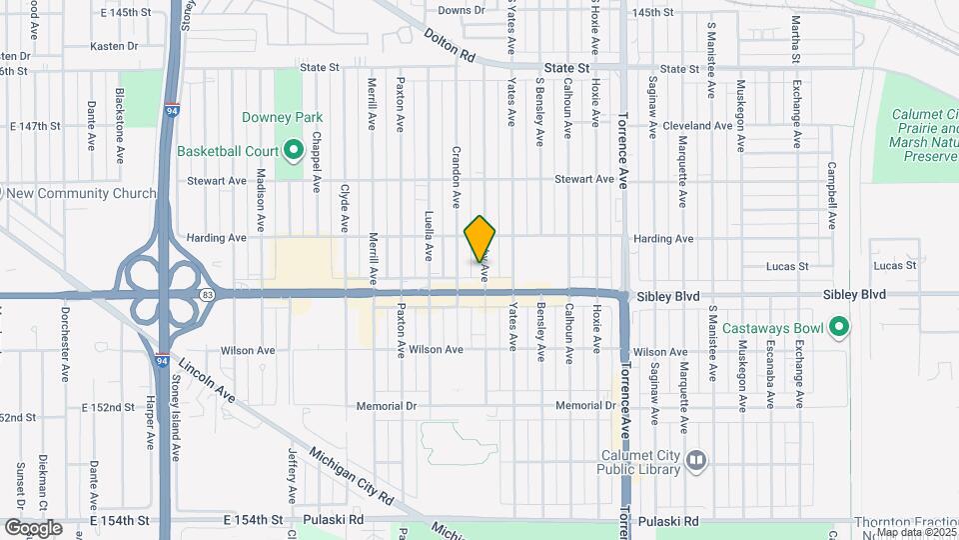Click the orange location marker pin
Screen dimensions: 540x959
[x=479, y=239]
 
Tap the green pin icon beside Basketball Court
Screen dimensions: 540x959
[x=294, y=151]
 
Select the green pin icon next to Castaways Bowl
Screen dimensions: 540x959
[x=840, y=327]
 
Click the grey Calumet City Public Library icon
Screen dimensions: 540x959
[x=696, y=460]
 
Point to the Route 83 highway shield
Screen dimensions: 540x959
[x=207, y=294]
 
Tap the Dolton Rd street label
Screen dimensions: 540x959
[x=449, y=47]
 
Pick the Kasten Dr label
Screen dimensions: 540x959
[x=113, y=46]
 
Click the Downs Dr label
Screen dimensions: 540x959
[x=461, y=10]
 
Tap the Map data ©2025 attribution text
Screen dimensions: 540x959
[x=916, y=532]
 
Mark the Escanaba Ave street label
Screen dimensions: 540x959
[x=770, y=386]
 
